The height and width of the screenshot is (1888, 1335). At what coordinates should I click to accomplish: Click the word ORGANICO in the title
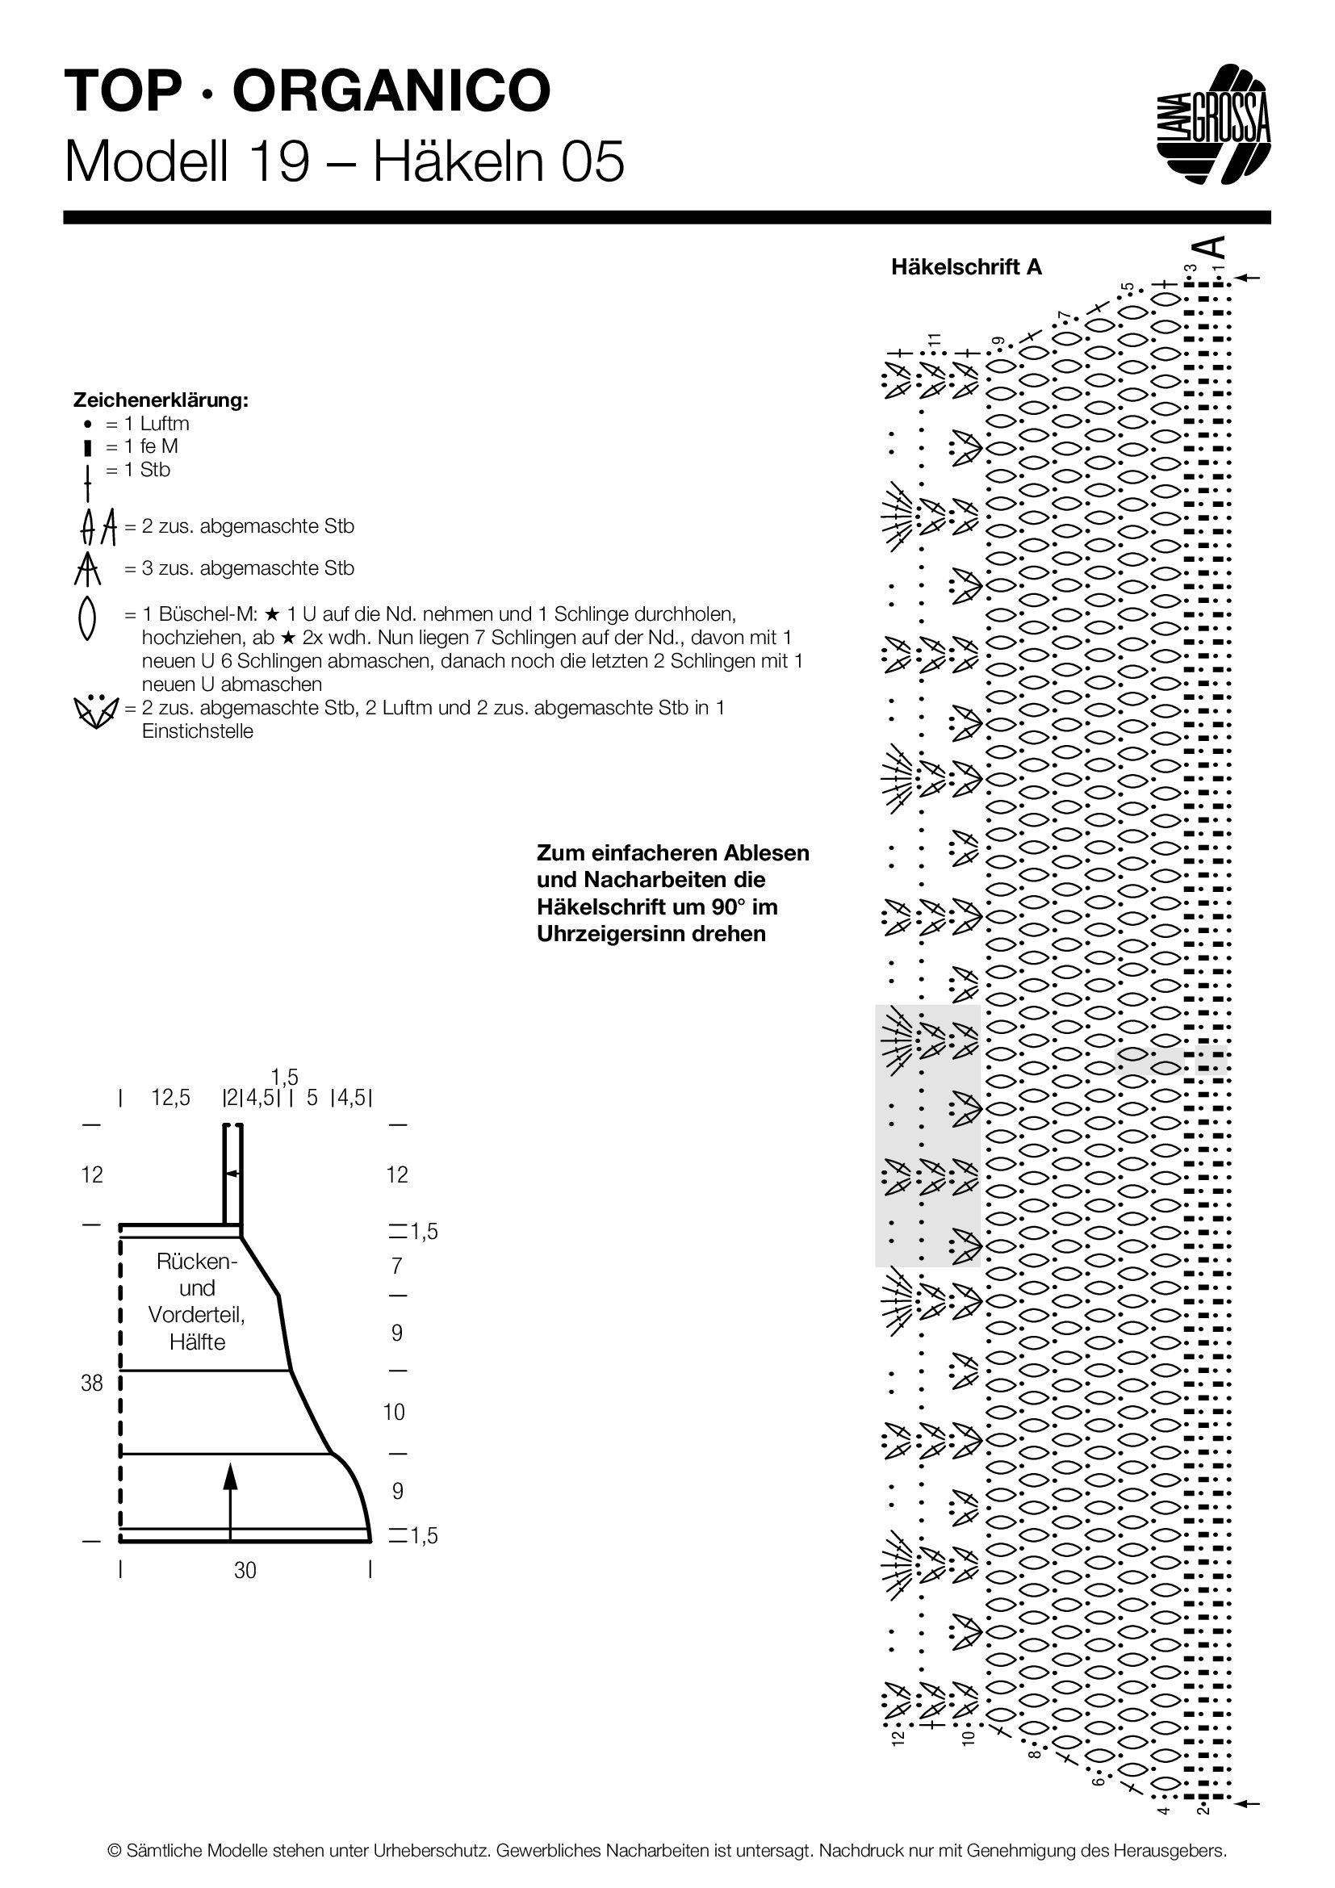tap(391, 90)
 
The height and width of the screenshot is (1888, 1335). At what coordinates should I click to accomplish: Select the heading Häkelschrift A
tap(966, 267)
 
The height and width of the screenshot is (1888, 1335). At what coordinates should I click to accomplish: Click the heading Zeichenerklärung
tap(161, 400)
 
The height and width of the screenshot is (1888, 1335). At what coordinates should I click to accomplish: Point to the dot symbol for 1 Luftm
tap(87, 425)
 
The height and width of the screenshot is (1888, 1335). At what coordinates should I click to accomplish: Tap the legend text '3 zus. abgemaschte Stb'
tap(239, 568)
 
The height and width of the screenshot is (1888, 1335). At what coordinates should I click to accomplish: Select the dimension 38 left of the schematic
tap(92, 1384)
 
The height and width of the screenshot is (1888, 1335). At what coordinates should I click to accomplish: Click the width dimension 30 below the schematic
tap(245, 1571)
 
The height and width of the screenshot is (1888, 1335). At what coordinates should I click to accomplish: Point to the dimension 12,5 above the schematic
tap(171, 1098)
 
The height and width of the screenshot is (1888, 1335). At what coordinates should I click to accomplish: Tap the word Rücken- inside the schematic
tap(197, 1262)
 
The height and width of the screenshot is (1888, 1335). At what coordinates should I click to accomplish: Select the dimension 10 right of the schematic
tap(394, 1413)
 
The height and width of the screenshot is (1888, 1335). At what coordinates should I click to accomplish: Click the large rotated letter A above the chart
tap(1210, 248)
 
